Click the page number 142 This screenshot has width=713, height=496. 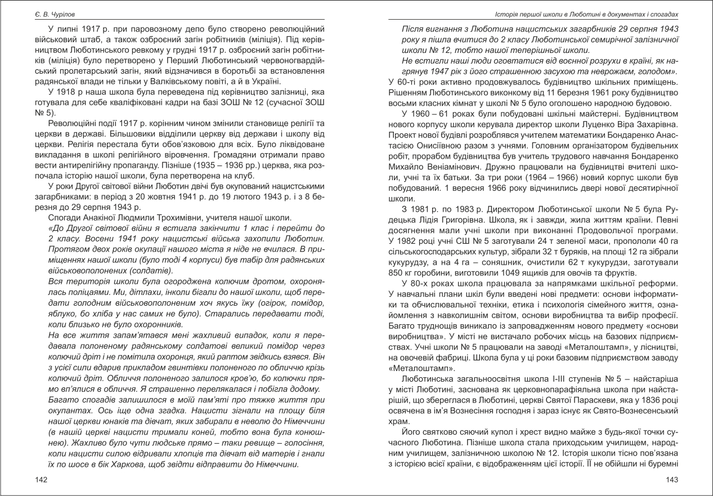click(41, 480)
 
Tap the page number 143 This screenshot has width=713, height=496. click(672, 480)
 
